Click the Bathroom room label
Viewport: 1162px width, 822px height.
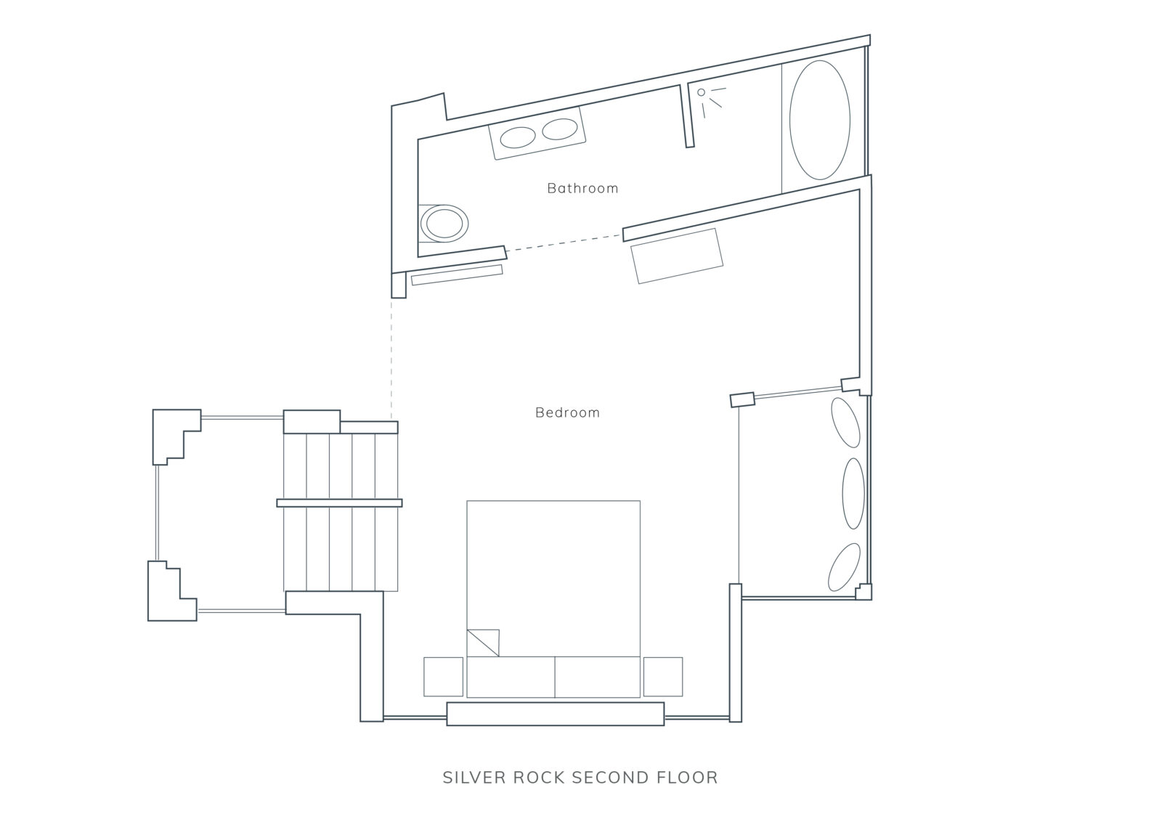pos(582,188)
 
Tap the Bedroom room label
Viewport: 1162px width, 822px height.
pos(567,412)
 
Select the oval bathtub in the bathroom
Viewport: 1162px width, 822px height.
pos(820,120)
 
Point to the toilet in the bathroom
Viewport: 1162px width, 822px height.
pos(444,224)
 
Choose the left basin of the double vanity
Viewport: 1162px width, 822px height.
pos(517,137)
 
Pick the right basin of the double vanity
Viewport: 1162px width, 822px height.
pos(560,129)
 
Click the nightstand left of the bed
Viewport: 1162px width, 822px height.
pos(443,676)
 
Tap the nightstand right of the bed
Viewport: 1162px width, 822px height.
pos(663,676)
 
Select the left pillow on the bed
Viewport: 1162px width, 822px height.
pos(511,677)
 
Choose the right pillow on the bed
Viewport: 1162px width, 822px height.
pos(597,677)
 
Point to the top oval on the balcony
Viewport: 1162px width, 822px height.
pos(845,422)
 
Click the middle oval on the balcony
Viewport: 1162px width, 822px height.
pos(853,493)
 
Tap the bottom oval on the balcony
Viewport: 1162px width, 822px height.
pos(845,567)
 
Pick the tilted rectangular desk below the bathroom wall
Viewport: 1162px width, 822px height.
pos(677,256)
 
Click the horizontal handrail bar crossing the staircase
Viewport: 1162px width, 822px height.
pos(339,502)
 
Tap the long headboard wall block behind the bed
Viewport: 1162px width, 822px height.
pos(555,714)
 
